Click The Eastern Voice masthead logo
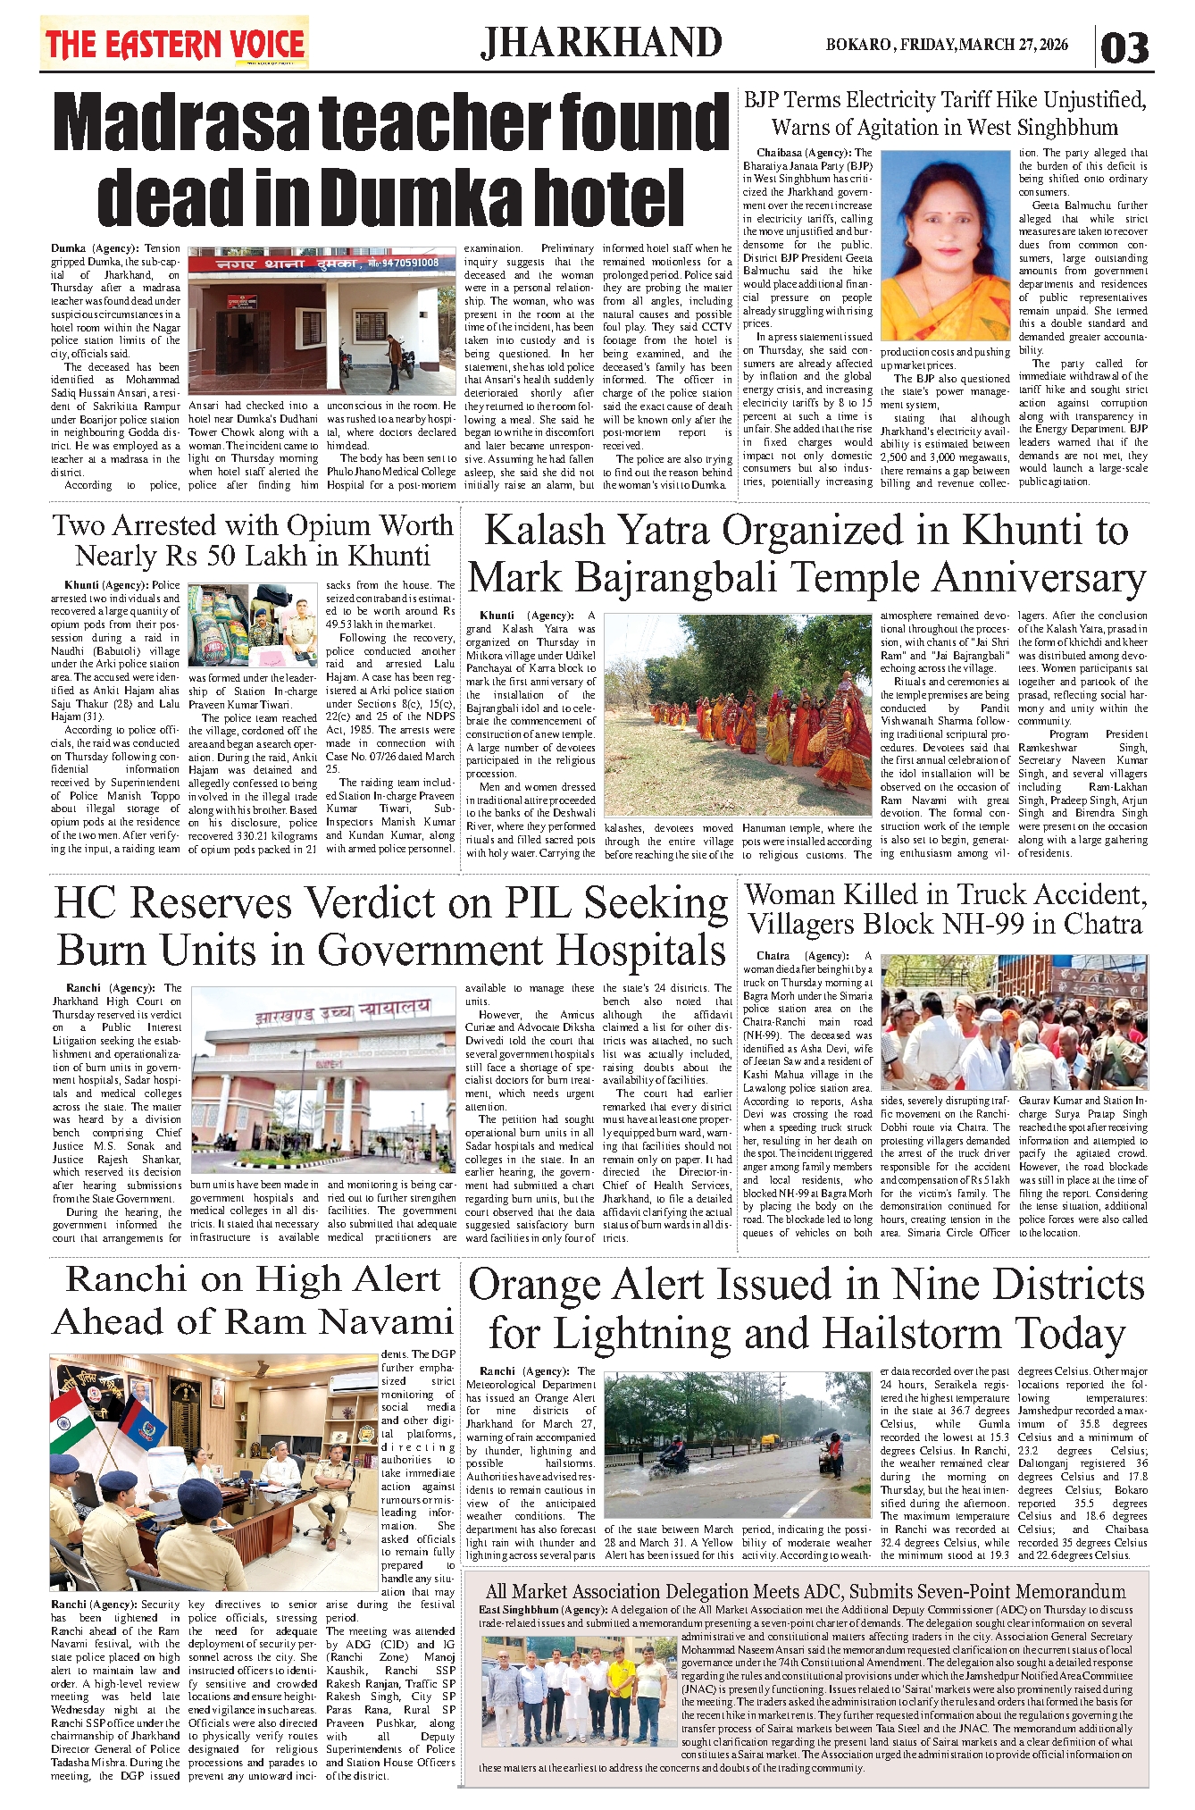175,44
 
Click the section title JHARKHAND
601,43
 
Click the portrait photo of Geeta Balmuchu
945,245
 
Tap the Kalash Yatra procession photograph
738,715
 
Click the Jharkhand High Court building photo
322,1080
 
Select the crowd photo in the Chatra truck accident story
1014,1023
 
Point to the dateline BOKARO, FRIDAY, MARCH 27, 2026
947,45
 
